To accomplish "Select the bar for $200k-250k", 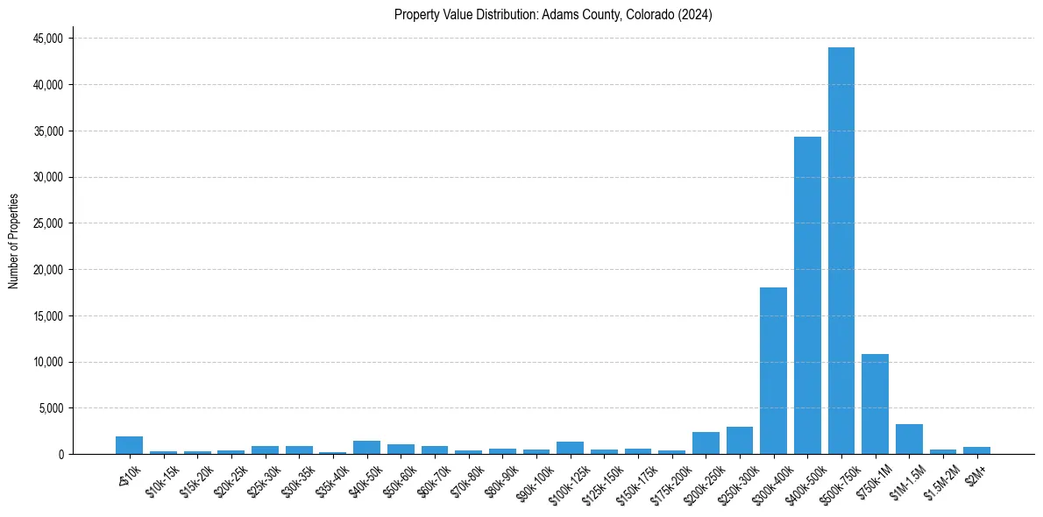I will coord(706,443).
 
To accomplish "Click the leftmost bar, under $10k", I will coord(129,445).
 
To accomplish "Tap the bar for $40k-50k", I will coord(366,448).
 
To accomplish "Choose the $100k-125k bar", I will coord(570,448).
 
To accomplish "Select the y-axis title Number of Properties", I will coord(14,241).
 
